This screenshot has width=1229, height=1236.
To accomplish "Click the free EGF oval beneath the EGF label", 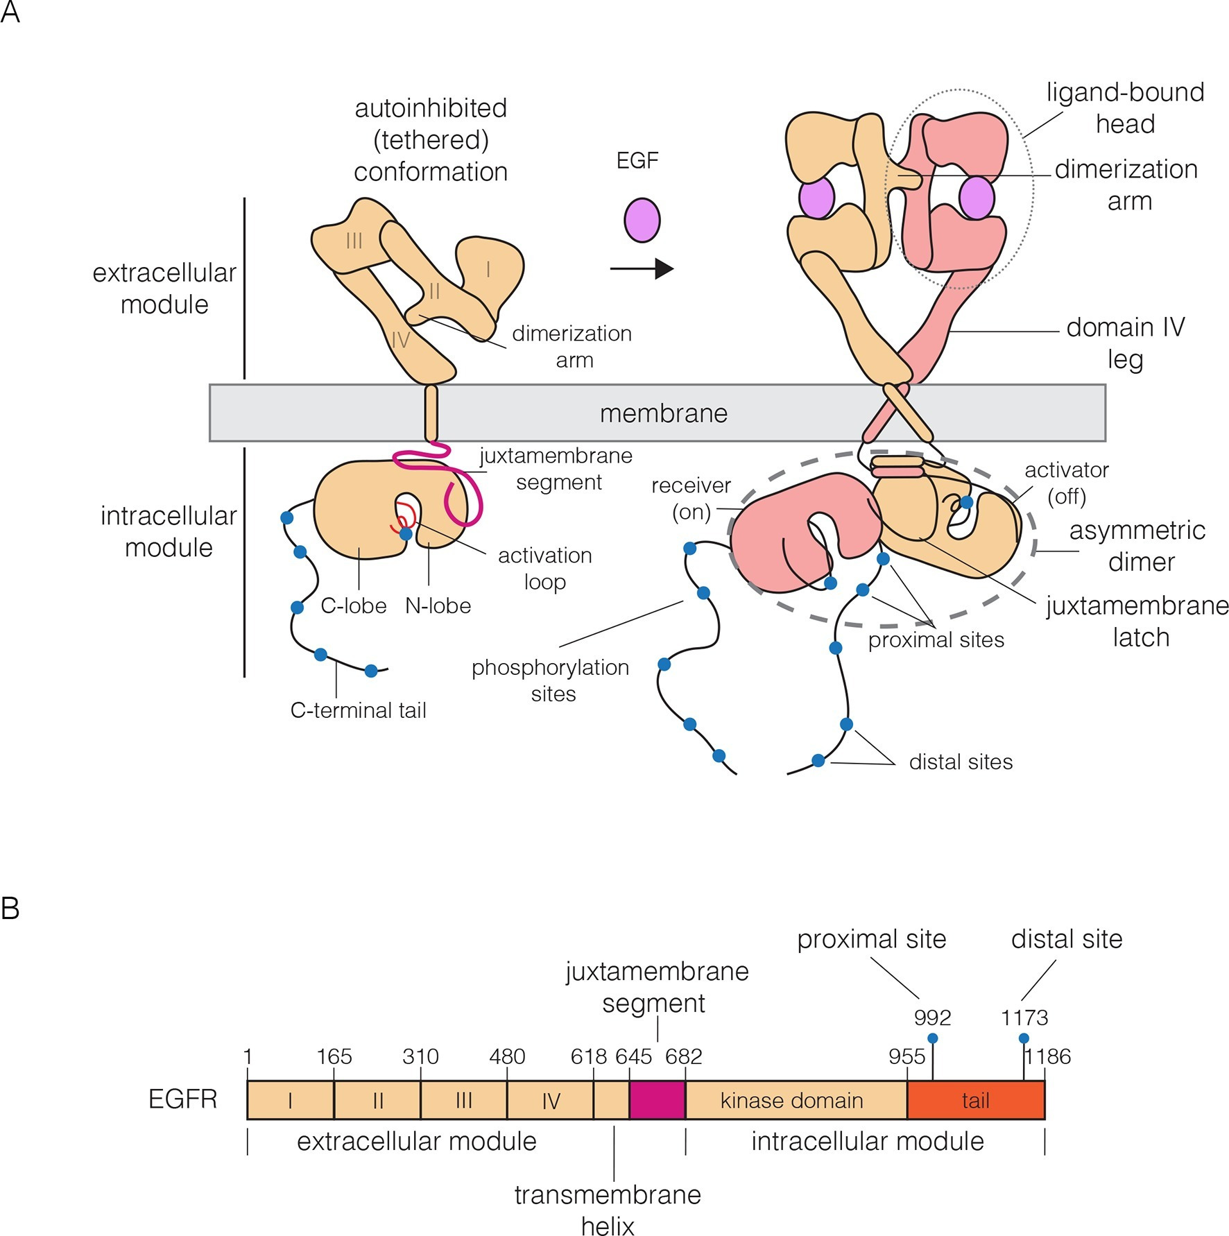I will tap(642, 220).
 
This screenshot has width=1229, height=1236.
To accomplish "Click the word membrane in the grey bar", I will tap(663, 413).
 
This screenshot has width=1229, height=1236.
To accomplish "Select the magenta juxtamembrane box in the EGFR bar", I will tap(657, 1100).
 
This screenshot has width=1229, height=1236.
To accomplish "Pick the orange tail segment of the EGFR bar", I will tap(975, 1100).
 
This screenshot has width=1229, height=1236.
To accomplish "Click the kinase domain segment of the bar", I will tap(791, 1100).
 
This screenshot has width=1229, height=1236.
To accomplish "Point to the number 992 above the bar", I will tap(932, 1018).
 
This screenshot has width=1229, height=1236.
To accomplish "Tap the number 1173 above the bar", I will tap(1024, 1018).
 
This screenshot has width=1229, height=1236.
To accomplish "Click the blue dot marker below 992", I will tap(933, 1038).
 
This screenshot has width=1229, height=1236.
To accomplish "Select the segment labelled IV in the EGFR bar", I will tap(551, 1100).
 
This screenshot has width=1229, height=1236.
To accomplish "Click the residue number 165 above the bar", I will tap(334, 1056).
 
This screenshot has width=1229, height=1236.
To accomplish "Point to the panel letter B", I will tap(10, 908).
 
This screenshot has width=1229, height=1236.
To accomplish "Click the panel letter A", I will tap(10, 12).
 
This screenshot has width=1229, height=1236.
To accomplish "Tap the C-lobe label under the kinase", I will tap(353, 606).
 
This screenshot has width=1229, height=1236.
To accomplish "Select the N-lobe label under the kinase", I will tap(438, 606).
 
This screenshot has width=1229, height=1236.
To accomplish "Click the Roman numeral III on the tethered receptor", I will tap(354, 241).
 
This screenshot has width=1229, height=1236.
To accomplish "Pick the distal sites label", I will tap(961, 762).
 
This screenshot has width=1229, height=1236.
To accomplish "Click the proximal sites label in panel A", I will tap(936, 640).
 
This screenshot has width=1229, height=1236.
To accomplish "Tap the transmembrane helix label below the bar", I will tap(608, 1210).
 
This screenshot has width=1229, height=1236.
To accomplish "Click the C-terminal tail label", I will tap(358, 710).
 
